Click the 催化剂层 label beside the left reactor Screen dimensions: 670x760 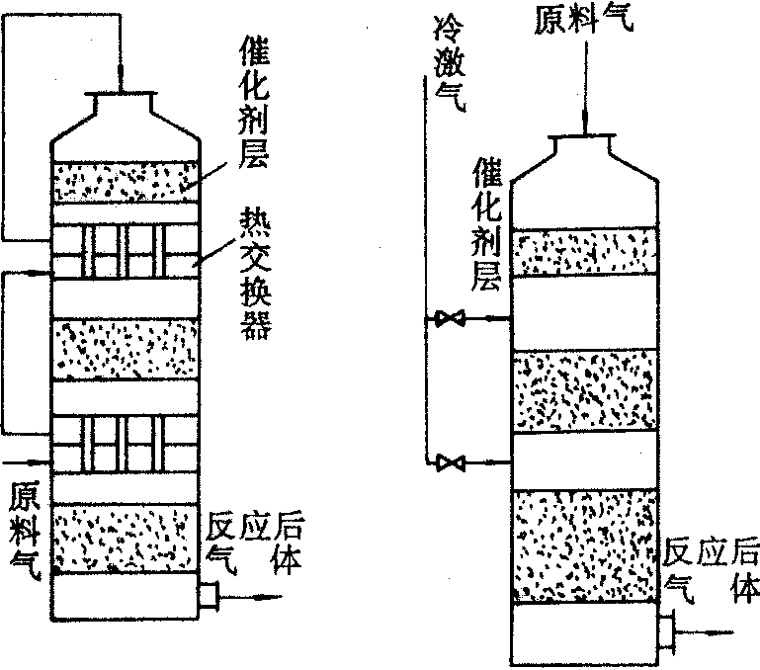tap(254, 104)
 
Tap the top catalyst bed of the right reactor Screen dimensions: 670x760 tap(585, 251)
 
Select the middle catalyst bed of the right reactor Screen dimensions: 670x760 tap(585, 389)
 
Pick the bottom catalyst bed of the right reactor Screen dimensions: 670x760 tap(585, 544)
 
